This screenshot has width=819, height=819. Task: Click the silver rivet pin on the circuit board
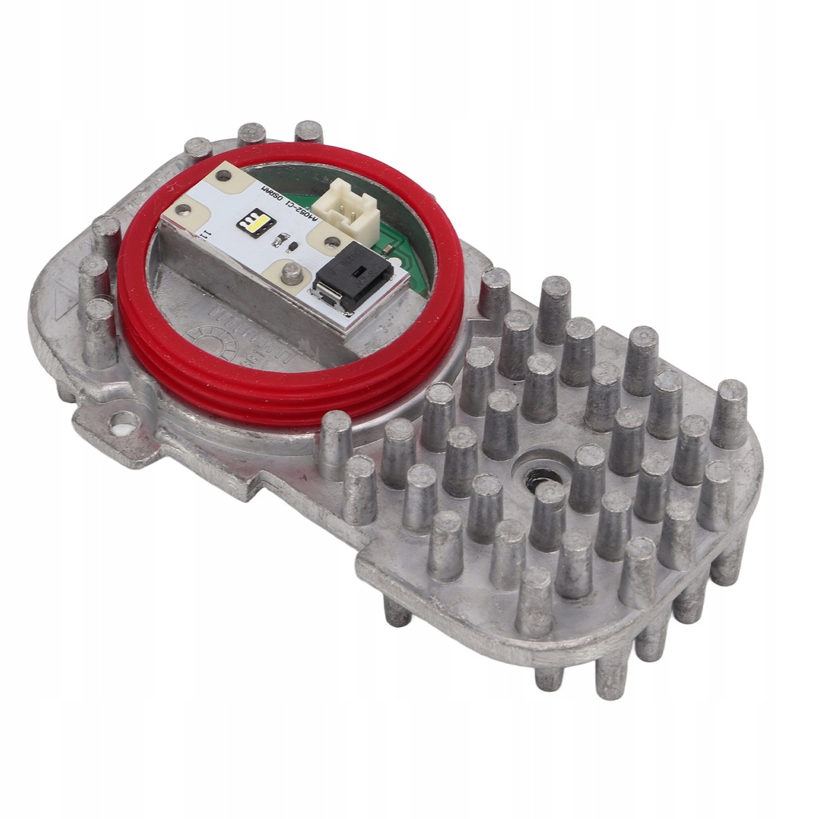pos(293,274)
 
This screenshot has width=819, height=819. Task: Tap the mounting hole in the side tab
pos(124,421)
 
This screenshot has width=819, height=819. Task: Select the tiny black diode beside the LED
pos(293,246)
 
